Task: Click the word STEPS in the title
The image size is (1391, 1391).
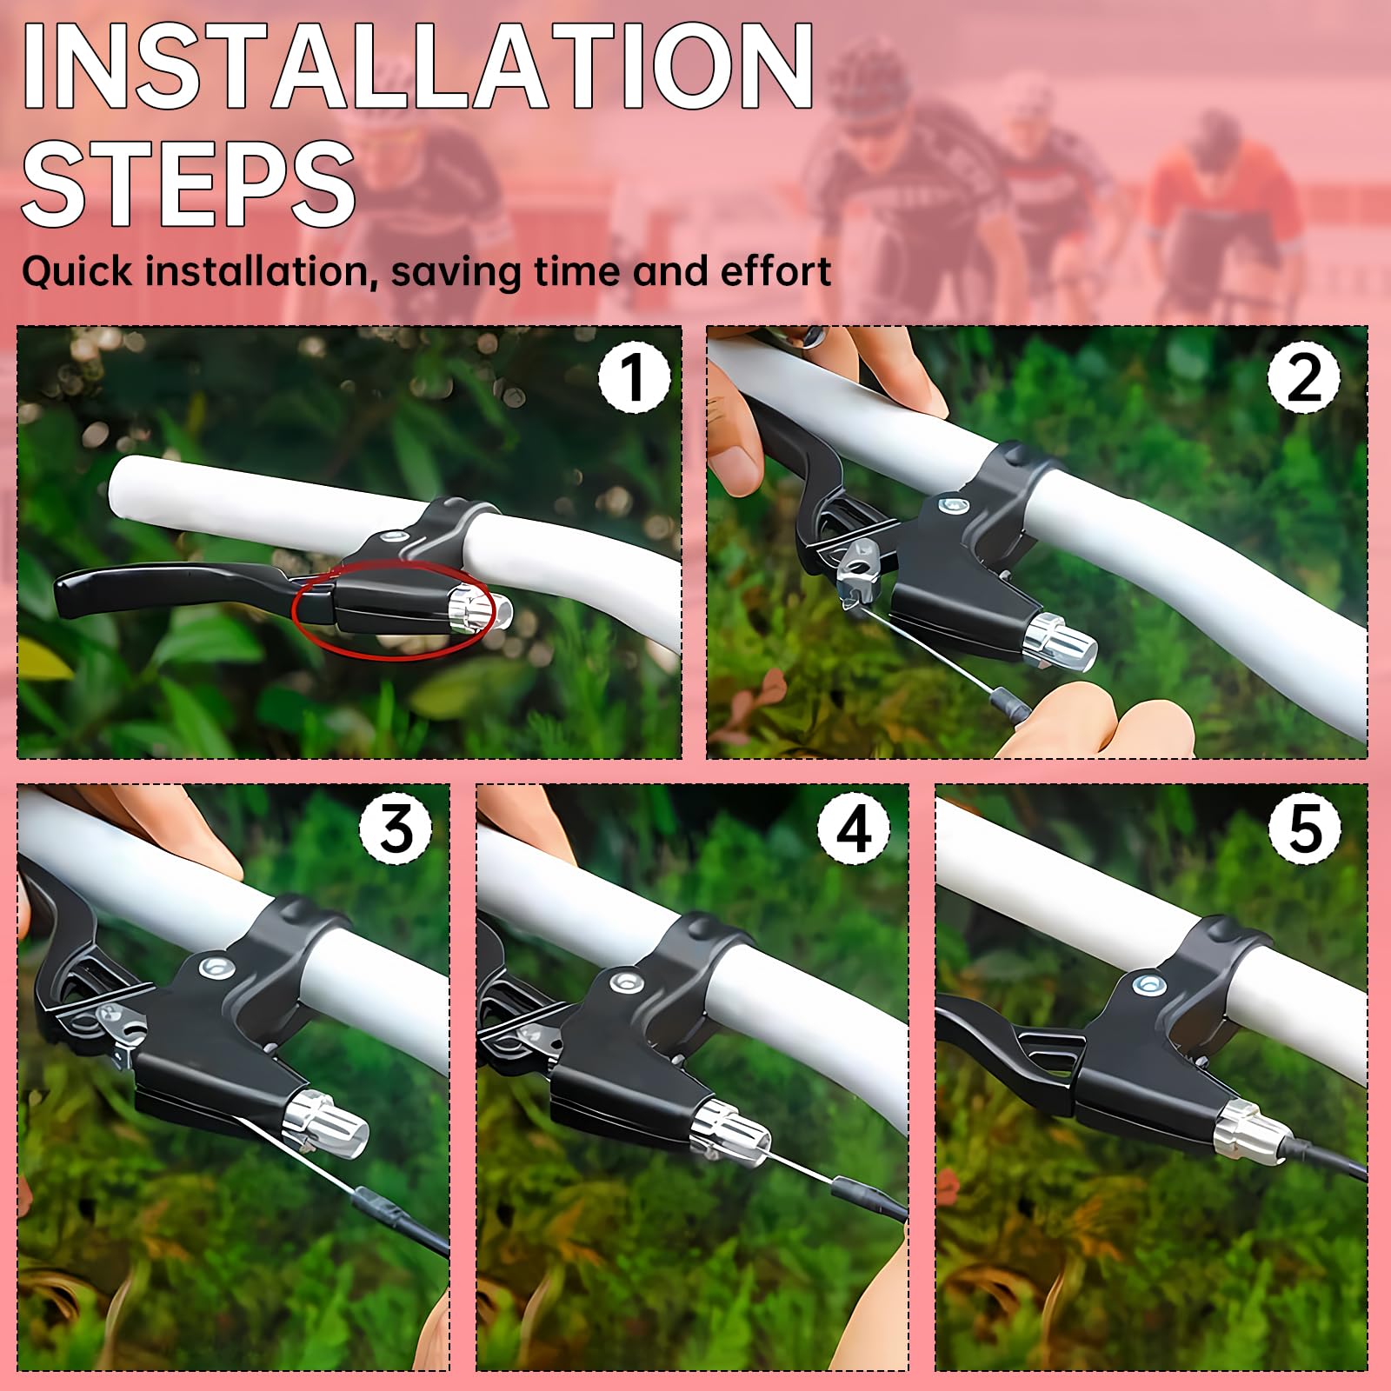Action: pyautogui.click(x=189, y=185)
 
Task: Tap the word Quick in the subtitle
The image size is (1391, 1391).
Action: pyautogui.click(x=77, y=272)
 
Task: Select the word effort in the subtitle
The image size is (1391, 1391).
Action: pyautogui.click(x=775, y=271)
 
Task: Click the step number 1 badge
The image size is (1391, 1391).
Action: pyautogui.click(x=634, y=377)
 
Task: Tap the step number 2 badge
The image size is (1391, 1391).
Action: pyautogui.click(x=1303, y=377)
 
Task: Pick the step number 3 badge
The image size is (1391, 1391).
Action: pyautogui.click(x=396, y=829)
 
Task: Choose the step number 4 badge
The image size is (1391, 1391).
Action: pyautogui.click(x=854, y=829)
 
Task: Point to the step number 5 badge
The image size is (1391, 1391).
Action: pyautogui.click(x=1305, y=829)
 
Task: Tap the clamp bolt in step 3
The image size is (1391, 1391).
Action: pyautogui.click(x=212, y=967)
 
